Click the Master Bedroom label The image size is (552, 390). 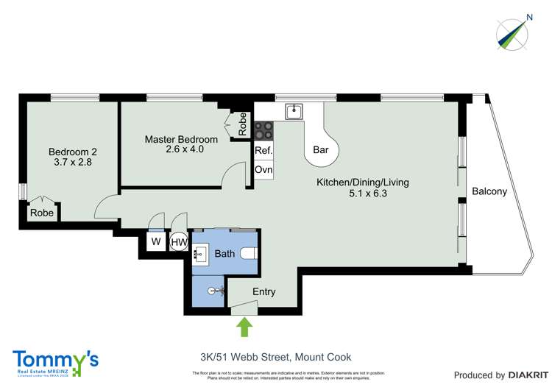(181, 144)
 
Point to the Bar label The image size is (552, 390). (321, 149)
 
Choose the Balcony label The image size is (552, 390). (489, 191)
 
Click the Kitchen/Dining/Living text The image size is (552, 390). (362, 188)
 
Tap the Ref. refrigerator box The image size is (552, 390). (263, 151)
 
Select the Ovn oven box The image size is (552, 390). (263, 170)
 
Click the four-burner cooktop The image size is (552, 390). (263, 130)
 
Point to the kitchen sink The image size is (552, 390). (294, 110)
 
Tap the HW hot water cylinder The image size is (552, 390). (179, 241)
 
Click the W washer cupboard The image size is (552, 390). (155, 241)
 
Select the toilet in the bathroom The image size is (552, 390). (248, 253)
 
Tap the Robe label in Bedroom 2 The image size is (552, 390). (40, 213)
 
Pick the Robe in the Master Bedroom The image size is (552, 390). (243, 124)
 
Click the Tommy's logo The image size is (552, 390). (55, 362)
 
